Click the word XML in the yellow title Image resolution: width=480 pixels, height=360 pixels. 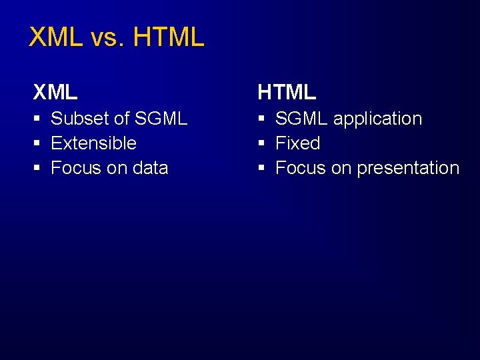[x=56, y=38]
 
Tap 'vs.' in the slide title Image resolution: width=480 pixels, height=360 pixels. [x=107, y=38]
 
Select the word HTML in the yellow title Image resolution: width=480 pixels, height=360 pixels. [x=168, y=38]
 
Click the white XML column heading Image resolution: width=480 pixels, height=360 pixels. [x=55, y=91]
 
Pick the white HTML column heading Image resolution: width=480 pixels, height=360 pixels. [x=287, y=91]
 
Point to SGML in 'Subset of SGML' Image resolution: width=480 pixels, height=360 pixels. [x=161, y=119]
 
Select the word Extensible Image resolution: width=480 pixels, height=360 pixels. [x=93, y=143]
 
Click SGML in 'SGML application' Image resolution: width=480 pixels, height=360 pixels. [x=301, y=119]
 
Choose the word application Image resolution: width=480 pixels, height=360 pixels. [x=377, y=119]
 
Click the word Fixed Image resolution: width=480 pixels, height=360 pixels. [x=297, y=143]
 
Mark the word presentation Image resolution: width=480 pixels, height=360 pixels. [x=408, y=169]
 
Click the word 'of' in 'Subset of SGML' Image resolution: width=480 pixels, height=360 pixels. [x=121, y=119]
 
